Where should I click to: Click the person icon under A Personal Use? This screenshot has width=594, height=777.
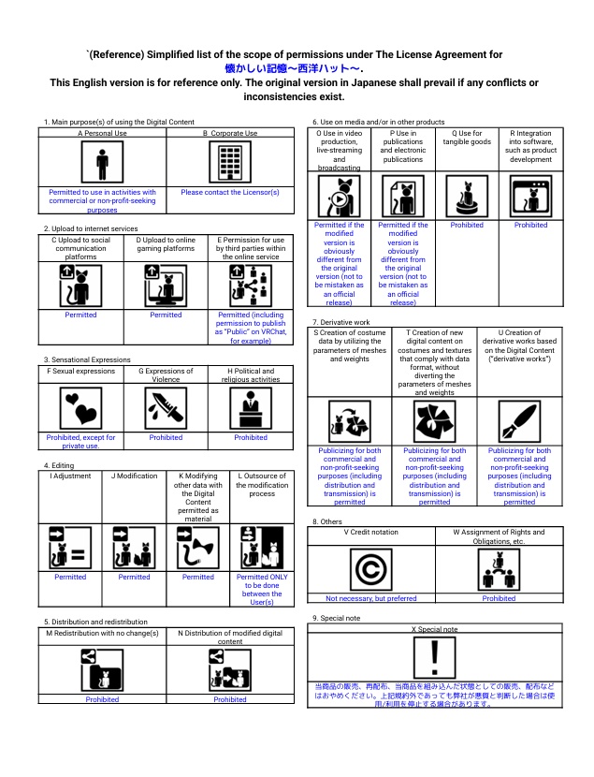coord(102,164)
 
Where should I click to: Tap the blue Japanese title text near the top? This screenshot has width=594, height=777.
coord(294,68)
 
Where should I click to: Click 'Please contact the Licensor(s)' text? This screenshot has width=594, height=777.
coord(229,193)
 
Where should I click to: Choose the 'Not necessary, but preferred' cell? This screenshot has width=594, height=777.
coord(372,598)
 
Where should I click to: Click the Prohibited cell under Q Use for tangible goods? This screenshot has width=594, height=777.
coord(467,226)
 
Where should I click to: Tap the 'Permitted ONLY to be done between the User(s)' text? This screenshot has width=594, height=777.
coord(262,591)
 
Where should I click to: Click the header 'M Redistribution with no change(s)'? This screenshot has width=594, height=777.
coord(102,634)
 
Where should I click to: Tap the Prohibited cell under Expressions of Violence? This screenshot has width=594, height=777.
coord(166,437)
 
